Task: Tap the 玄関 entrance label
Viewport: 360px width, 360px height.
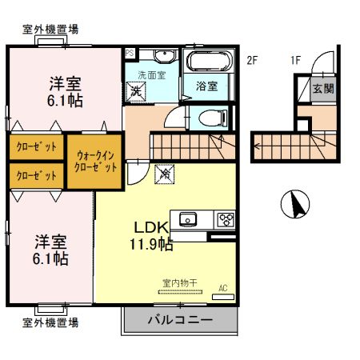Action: (x=322, y=90)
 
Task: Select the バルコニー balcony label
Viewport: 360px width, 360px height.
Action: (x=180, y=322)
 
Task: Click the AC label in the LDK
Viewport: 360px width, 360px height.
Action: (x=223, y=289)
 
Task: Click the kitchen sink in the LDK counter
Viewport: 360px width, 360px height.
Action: (x=189, y=218)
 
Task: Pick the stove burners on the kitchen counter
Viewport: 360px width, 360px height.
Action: (x=225, y=218)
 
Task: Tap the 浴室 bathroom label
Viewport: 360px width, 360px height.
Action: (x=206, y=87)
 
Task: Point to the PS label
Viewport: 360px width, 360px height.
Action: (x=129, y=53)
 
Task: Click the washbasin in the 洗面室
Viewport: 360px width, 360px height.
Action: (x=163, y=56)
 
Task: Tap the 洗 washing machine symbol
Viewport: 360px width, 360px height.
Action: (x=137, y=90)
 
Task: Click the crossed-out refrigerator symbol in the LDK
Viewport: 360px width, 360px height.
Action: (x=164, y=171)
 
